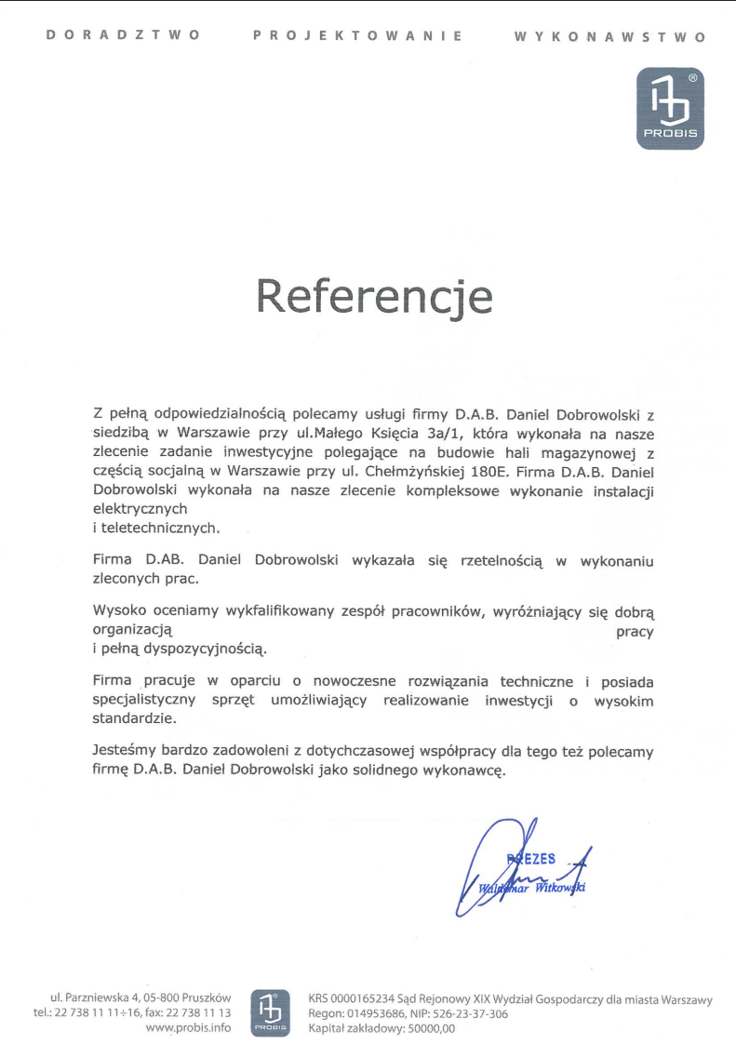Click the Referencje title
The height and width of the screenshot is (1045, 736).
(374, 295)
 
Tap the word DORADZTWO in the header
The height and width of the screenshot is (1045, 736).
(122, 35)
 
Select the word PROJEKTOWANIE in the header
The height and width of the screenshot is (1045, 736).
(358, 35)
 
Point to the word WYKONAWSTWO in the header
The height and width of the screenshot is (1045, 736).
(609, 36)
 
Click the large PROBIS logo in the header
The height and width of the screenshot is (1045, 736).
(669, 109)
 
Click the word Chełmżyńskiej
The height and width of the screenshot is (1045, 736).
(409, 471)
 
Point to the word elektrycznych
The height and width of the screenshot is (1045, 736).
(141, 509)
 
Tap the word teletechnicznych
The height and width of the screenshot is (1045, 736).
(163, 528)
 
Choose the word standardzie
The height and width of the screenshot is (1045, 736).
(134, 718)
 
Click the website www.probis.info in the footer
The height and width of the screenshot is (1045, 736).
(189, 1028)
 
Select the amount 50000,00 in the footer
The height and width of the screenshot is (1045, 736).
(429, 1028)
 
